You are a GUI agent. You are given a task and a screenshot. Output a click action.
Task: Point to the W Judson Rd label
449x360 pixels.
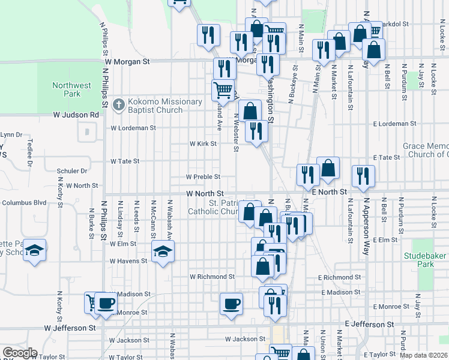point(76,114)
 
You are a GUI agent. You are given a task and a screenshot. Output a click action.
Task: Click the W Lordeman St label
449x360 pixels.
point(133,128)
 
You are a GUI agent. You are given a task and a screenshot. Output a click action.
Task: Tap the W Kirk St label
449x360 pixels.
point(203,144)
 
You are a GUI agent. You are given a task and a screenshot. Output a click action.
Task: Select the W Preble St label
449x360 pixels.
point(203,177)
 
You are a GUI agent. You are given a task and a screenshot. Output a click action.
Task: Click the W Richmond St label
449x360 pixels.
point(212,277)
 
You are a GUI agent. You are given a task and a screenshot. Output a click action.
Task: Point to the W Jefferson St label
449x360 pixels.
point(70,328)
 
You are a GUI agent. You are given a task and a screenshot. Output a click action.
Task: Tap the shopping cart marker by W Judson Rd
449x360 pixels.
point(223,90)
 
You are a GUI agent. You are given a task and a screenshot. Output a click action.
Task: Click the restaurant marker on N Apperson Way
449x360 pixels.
point(364,175)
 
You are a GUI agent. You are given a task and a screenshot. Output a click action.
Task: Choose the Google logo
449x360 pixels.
point(20,353)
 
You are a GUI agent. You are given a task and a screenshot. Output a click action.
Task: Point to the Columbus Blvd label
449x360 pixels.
point(24,203)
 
